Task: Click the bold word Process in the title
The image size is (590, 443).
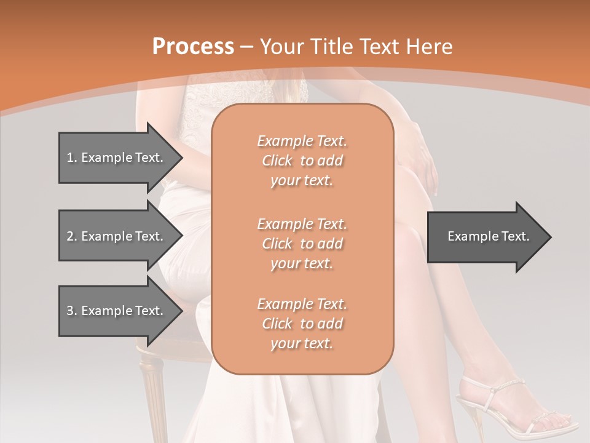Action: tap(193, 47)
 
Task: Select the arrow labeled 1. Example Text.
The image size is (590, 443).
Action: tap(117, 158)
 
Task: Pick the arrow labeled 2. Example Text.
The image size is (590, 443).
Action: tap(117, 236)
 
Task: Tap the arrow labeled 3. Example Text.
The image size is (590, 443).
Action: tap(117, 311)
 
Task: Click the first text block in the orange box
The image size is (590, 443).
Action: tap(302, 161)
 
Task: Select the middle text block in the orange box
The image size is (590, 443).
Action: tap(302, 243)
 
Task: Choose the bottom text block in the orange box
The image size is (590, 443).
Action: tap(302, 324)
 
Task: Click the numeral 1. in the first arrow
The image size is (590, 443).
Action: tap(72, 158)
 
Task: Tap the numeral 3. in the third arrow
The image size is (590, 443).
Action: tap(72, 311)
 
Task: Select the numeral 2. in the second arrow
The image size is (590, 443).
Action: tap(72, 236)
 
